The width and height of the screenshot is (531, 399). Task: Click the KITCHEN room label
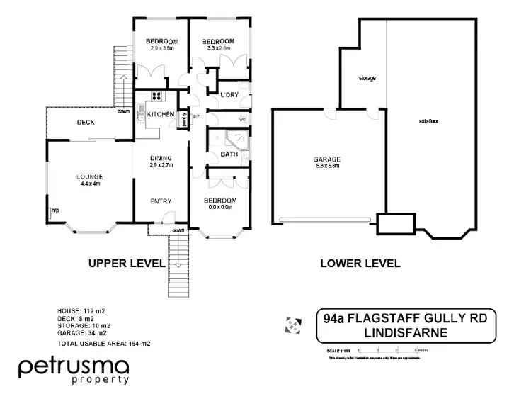[161, 113]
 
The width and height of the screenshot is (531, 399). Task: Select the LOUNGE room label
[90, 176]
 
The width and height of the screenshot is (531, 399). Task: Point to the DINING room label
[161, 158]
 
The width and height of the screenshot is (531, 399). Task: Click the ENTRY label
[161, 201]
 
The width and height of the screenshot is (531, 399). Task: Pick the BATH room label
[229, 154]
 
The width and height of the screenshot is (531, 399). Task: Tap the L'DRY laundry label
[229, 95]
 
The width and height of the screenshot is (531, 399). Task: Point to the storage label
[367, 78]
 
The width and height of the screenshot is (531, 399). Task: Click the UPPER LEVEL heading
[126, 264]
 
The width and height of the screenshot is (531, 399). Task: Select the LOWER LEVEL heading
[360, 264]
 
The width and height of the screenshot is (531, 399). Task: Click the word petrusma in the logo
[74, 367]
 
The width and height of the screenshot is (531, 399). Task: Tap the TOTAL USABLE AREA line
[103, 343]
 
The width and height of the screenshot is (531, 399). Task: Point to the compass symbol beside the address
[290, 324]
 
